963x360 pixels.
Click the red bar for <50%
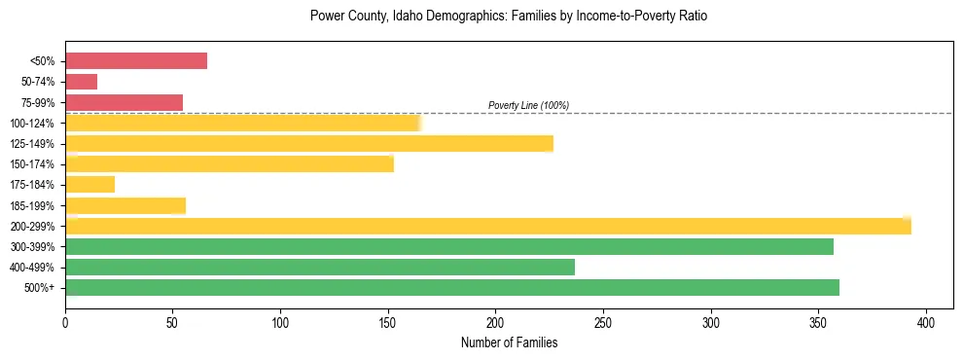point(136,60)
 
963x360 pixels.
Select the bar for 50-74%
point(81,82)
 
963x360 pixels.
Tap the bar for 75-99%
point(124,102)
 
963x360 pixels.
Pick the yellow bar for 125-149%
point(309,143)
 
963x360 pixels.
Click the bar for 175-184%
point(89,184)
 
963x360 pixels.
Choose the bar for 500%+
point(452,287)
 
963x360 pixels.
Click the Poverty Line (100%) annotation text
point(528,105)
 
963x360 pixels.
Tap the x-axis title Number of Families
point(509,342)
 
